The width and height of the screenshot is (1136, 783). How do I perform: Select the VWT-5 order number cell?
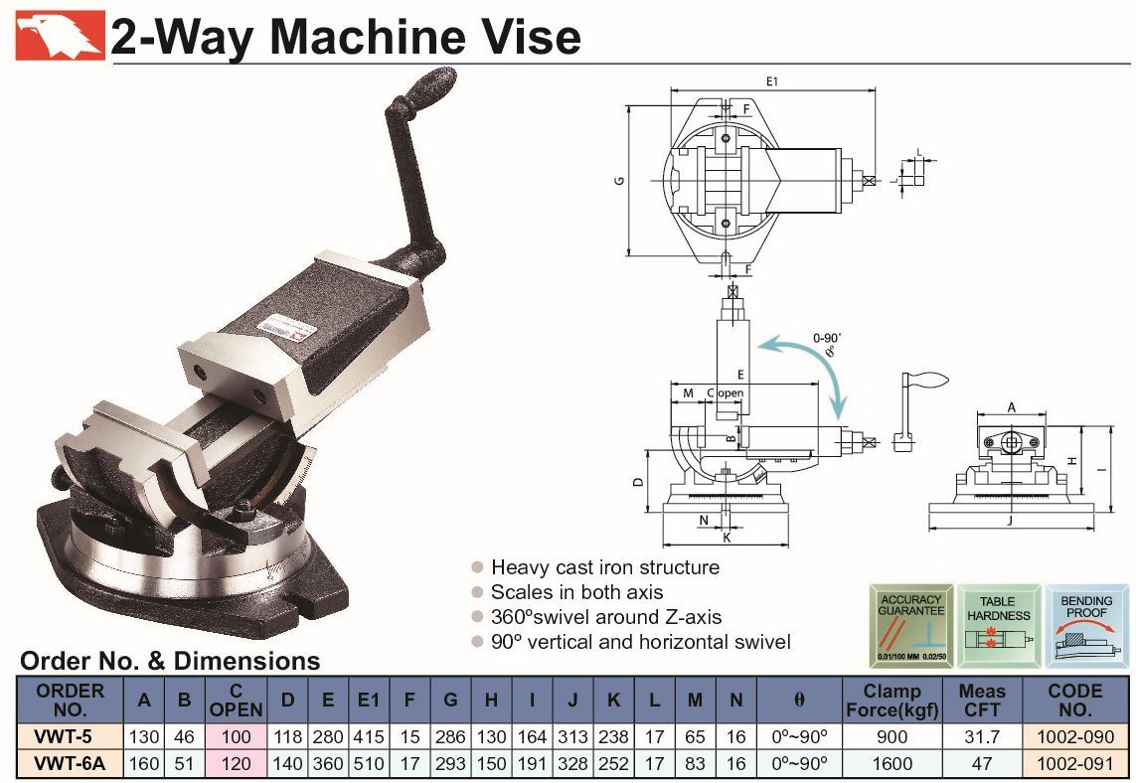69,736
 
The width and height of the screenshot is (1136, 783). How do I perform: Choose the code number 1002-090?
1075,736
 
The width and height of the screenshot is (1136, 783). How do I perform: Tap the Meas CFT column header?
982,700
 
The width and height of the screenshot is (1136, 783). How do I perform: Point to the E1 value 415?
370,736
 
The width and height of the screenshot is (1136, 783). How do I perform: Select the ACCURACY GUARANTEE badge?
910,627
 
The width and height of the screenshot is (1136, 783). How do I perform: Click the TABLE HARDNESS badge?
997,627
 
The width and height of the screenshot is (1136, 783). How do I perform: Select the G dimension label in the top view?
619,181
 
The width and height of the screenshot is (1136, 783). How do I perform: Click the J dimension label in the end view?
1010,518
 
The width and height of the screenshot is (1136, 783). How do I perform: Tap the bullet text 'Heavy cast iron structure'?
604,567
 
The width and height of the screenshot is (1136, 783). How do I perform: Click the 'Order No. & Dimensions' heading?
170,661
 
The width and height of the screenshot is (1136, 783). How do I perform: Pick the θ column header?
799,700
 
